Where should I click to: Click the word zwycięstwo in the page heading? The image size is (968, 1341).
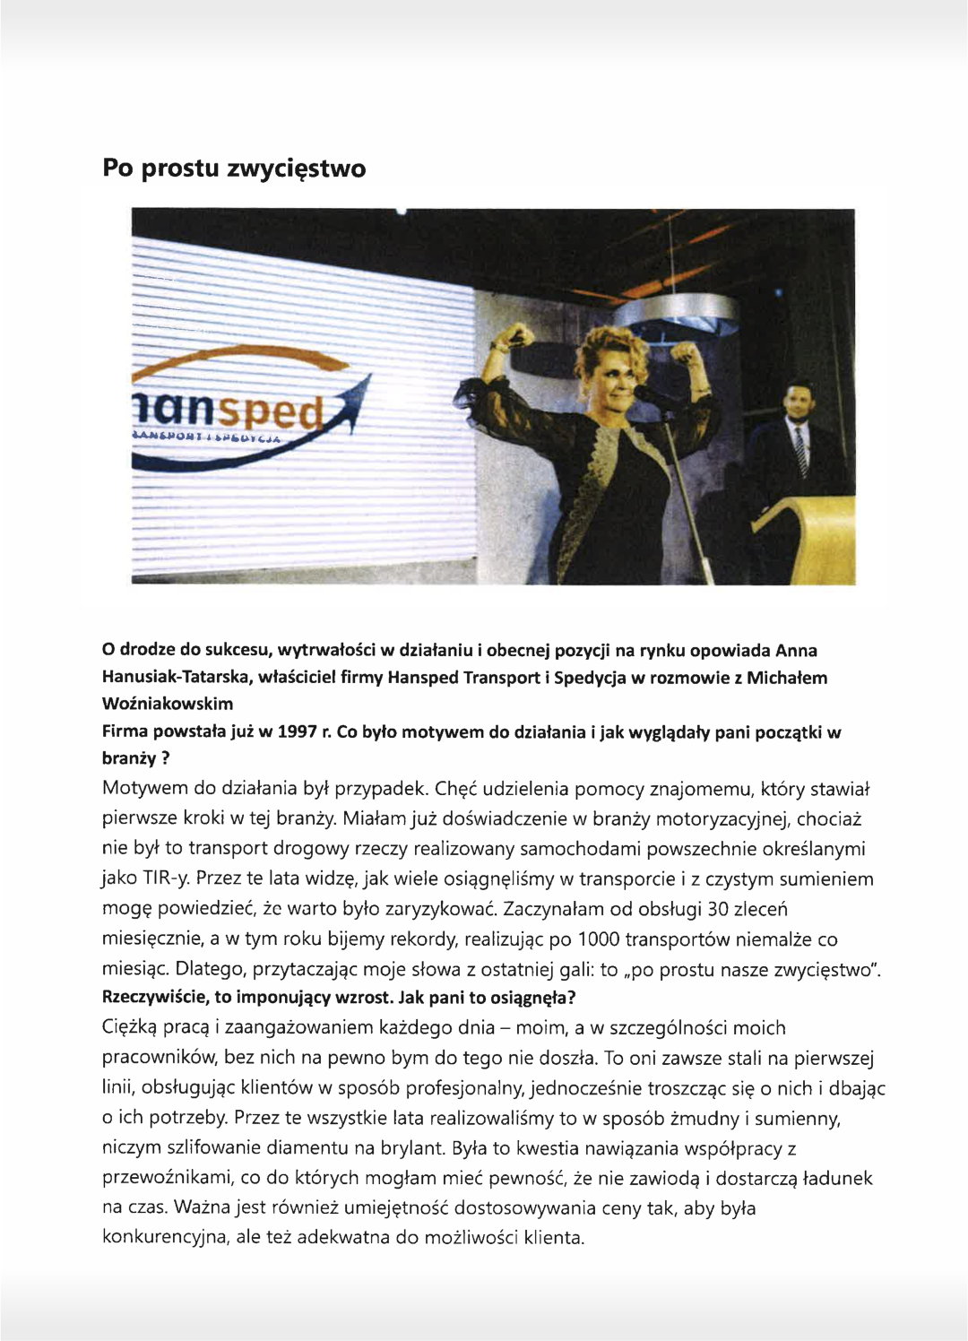296,169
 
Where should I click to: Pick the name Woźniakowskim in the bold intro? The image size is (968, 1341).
168,704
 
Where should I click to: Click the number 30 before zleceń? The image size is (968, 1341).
719,909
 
